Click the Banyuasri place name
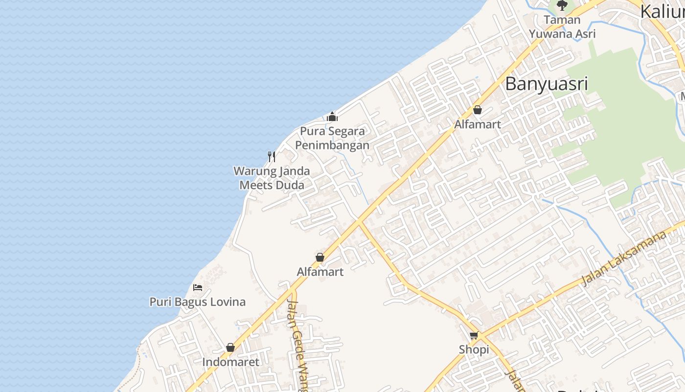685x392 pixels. click(546, 84)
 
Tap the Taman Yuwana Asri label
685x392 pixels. click(562, 27)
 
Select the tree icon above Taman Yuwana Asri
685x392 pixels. click(562, 5)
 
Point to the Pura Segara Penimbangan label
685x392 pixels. click(332, 138)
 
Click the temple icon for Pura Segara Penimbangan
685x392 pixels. click(332, 117)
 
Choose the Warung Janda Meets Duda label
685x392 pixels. click(272, 178)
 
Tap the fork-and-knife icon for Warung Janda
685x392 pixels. click(272, 157)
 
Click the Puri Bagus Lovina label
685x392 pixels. click(197, 302)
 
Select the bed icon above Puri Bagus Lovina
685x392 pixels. click(198, 287)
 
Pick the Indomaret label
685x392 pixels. click(230, 362)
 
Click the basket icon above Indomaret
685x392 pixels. click(230, 347)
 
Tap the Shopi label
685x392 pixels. click(474, 349)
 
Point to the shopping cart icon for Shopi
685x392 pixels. click(474, 336)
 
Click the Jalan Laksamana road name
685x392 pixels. click(624, 258)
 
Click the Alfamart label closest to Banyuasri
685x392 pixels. click(478, 124)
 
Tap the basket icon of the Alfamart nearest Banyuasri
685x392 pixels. click(478, 110)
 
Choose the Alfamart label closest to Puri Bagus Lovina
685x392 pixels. click(320, 271)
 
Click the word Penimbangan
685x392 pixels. click(332, 146)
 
